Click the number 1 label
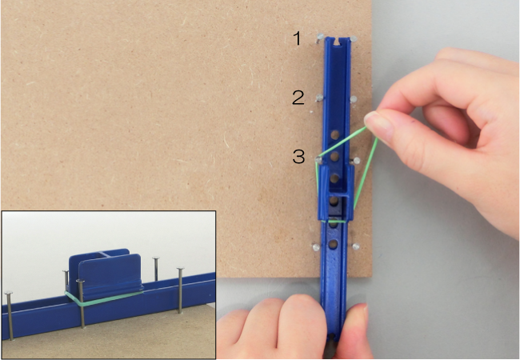[x=298, y=38]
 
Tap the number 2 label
[x=298, y=98]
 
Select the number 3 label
[x=298, y=156]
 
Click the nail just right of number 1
[x=319, y=38]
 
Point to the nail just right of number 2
[x=318, y=98]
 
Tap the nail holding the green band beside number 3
[x=318, y=161]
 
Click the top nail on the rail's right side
[x=354, y=39]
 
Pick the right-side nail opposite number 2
[x=353, y=99]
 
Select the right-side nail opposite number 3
[x=356, y=161]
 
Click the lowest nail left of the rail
[x=315, y=247]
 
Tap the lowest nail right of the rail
[x=355, y=246]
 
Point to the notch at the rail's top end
[x=338, y=42]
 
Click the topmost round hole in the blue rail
[x=335, y=134]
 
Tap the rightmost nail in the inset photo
[x=180, y=290]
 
